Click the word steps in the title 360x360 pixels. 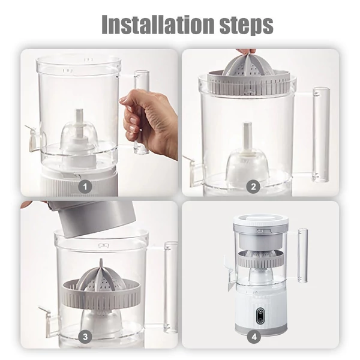pyautogui.click(x=247, y=26)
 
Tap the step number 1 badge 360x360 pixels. pyautogui.click(x=85, y=187)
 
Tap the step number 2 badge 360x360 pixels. pyautogui.click(x=253, y=187)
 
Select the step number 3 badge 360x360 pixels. pyautogui.click(x=85, y=337)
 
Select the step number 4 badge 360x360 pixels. pyautogui.click(x=254, y=337)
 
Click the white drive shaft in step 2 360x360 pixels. pyautogui.click(x=247, y=137)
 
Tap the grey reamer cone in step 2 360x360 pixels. pyautogui.click(x=246, y=64)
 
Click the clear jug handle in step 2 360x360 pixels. pyautogui.click(x=321, y=134)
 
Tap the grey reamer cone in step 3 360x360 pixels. pyautogui.click(x=101, y=277)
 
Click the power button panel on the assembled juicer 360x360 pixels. pyautogui.click(x=260, y=314)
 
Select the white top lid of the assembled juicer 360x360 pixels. pyautogui.click(x=260, y=219)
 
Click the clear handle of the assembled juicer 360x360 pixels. pyautogui.click(x=302, y=256)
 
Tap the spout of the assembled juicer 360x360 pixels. pyautogui.click(x=230, y=275)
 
